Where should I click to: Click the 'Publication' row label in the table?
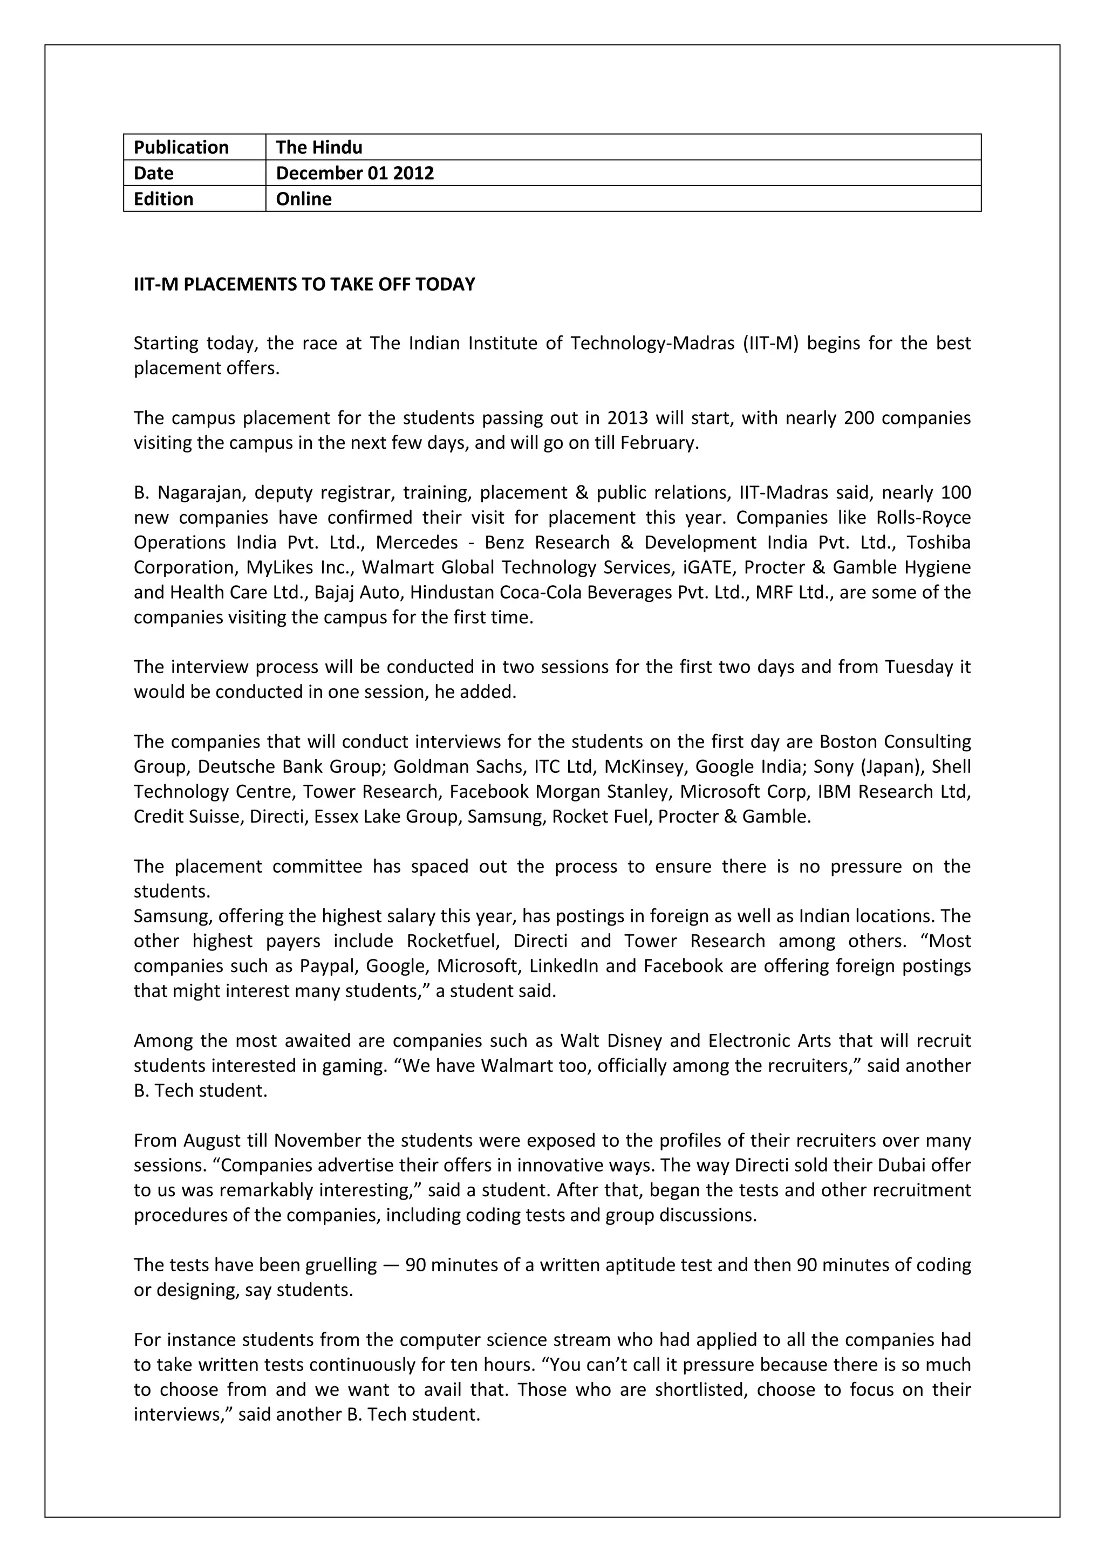[181, 148]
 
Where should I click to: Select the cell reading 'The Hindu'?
[318, 148]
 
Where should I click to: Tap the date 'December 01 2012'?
[354, 173]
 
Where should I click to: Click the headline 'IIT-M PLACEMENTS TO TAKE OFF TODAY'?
[304, 284]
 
